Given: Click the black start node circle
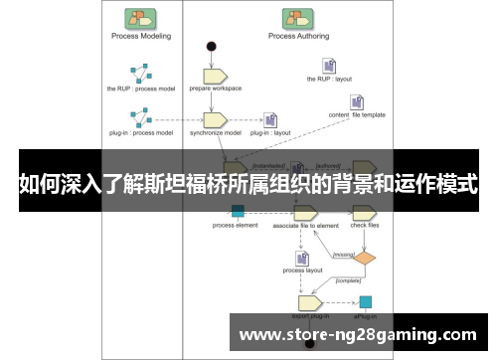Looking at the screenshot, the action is [x=211, y=47].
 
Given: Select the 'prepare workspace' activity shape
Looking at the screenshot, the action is [x=216, y=75].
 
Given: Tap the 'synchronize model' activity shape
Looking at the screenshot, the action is [x=216, y=119].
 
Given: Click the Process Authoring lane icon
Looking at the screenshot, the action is [x=295, y=17].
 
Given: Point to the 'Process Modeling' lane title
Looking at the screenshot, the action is [x=140, y=36].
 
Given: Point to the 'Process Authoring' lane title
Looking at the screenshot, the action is [x=296, y=36].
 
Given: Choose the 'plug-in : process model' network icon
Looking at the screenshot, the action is [x=140, y=118].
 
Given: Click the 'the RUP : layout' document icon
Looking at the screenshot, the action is [x=327, y=66].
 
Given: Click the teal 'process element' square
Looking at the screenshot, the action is [x=238, y=211].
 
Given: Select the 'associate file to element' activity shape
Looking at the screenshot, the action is [x=304, y=211].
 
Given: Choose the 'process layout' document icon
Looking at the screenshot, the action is [x=299, y=257].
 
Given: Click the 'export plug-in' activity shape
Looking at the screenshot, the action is [x=308, y=301].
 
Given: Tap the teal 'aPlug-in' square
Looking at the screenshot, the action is [x=365, y=301].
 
